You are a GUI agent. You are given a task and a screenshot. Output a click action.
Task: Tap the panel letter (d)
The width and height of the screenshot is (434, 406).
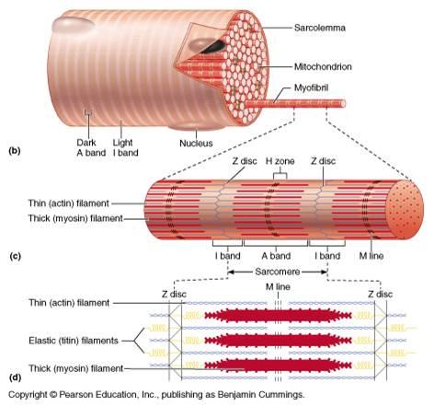coord(15,377)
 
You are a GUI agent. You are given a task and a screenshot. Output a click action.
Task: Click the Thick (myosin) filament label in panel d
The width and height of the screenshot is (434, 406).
coord(54,368)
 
